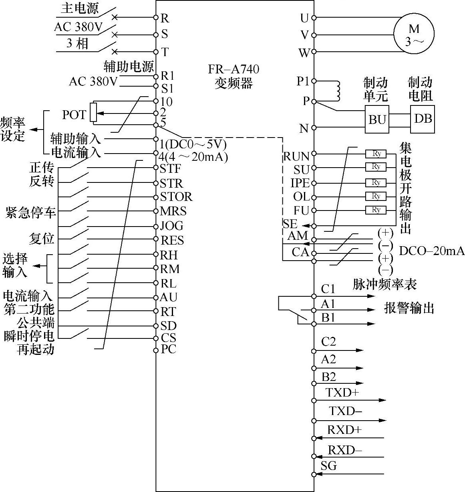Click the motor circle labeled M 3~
[414, 34]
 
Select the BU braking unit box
[377, 119]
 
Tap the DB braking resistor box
[423, 119]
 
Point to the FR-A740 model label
[234, 69]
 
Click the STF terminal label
[170, 168]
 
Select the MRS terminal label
[173, 211]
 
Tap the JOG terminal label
[172, 225]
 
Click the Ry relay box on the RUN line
[376, 154]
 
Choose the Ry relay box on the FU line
[376, 210]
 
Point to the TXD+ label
[342, 393]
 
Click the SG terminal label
[329, 466]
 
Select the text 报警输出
[409, 308]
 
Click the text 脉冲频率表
[384, 284]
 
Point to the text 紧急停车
[31, 212]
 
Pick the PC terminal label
[168, 349]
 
